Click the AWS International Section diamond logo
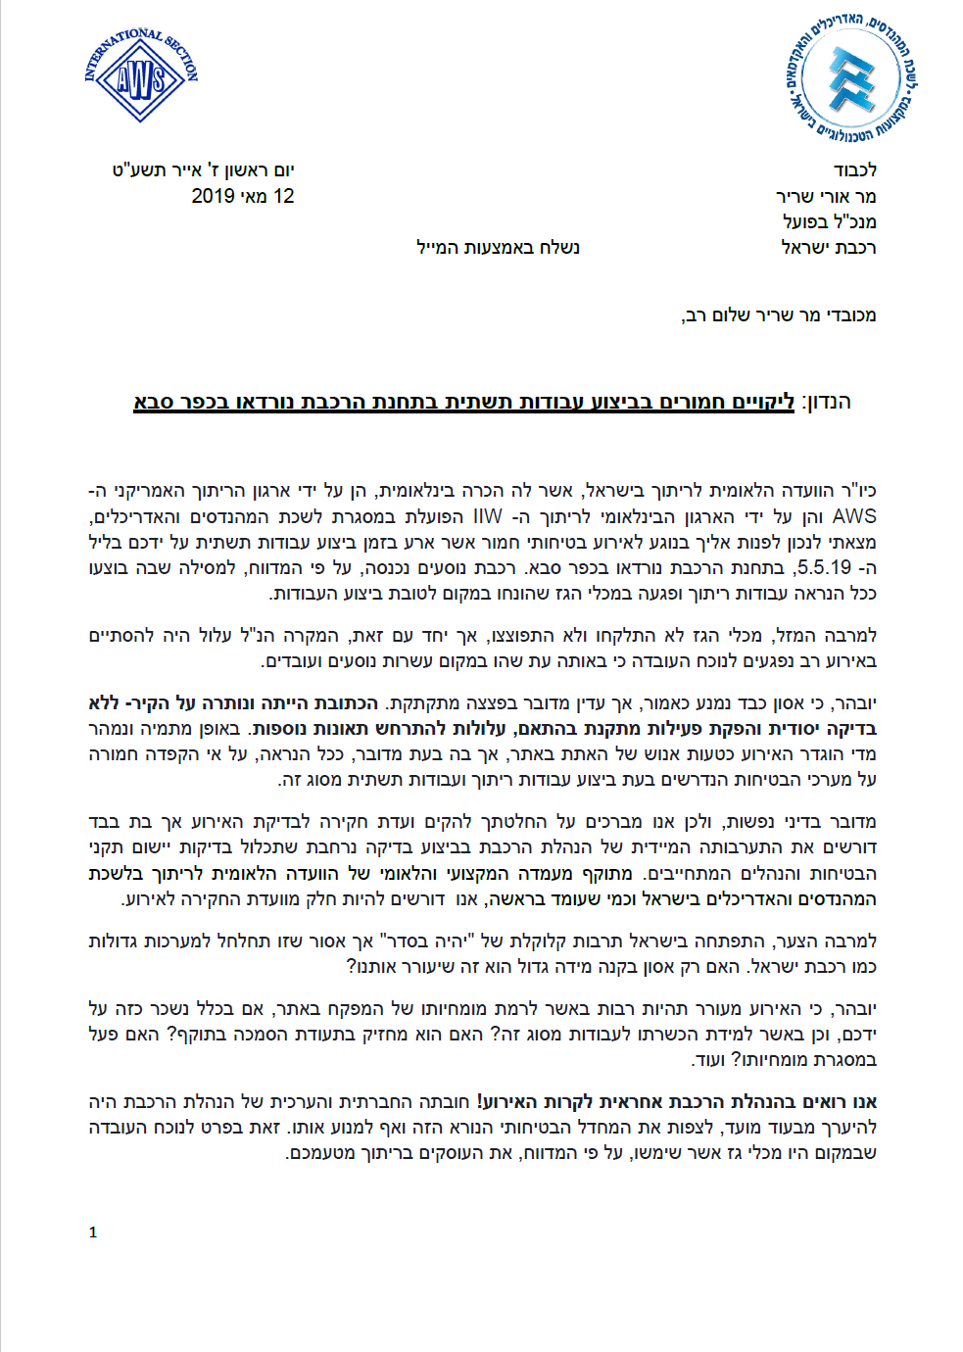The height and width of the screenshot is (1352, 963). tap(141, 76)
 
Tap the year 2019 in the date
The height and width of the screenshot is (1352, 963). tap(214, 196)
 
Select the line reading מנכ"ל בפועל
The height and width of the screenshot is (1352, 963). tap(829, 221)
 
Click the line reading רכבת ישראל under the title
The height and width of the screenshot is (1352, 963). tap(828, 247)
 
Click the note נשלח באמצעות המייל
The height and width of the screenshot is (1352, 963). tap(498, 247)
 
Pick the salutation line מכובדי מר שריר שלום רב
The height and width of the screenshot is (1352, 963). tap(779, 315)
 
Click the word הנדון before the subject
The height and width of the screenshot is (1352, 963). tap(827, 402)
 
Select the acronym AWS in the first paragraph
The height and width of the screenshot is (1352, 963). tap(854, 516)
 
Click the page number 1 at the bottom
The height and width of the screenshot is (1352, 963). tap(93, 1232)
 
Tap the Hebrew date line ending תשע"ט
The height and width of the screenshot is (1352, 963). tap(203, 170)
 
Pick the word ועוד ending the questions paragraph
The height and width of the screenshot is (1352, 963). tap(707, 1060)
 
